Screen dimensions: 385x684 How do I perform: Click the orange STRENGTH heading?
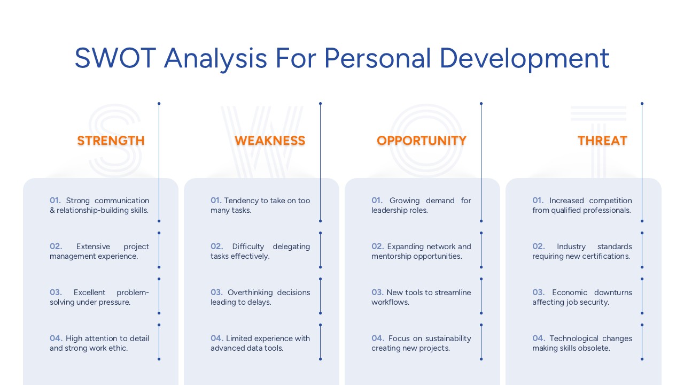tap(111, 141)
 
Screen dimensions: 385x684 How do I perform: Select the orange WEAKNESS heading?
tap(270, 141)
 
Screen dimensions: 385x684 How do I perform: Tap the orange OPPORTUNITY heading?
tap(422, 141)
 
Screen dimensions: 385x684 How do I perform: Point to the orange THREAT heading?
tap(602, 141)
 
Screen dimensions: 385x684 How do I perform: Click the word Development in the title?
tap(524, 58)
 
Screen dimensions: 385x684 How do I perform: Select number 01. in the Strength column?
tap(56, 201)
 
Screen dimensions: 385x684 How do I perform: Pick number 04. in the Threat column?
tap(539, 338)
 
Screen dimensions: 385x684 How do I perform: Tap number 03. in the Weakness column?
tap(216, 292)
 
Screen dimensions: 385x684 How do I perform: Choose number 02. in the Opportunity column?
tap(378, 247)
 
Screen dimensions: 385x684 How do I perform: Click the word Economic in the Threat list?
tap(570, 292)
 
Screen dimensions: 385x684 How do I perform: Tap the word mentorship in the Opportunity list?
tap(391, 256)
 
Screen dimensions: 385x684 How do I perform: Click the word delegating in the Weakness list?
tap(291, 247)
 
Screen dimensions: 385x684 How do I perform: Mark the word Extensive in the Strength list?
tap(95, 247)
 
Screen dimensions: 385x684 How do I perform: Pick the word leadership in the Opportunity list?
tap(390, 210)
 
